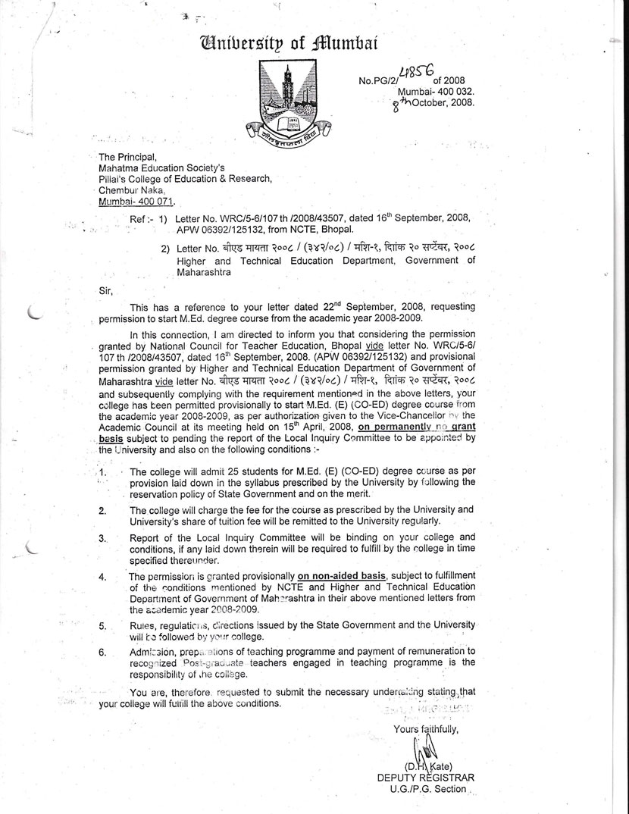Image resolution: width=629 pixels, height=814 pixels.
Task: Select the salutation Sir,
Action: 107,288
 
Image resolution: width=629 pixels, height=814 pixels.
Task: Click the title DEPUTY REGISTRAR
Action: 425,778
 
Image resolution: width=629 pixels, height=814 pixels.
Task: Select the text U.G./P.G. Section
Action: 427,789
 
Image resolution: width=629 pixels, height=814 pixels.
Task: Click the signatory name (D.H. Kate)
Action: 428,766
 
